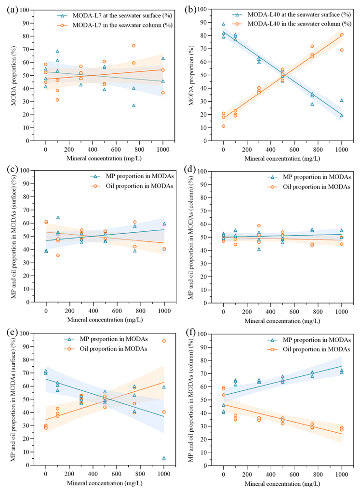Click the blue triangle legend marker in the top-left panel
pyautogui.click(x=62, y=16)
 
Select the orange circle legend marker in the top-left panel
pyautogui.click(x=62, y=25)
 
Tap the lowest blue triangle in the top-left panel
pyautogui.click(x=133, y=105)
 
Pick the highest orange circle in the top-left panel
pyautogui.click(x=133, y=46)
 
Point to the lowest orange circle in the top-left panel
pyautogui.click(x=57, y=100)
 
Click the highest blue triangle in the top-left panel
pyautogui.click(x=57, y=51)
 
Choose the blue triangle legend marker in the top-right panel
pyautogui.click(x=237, y=15)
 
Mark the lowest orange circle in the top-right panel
pyautogui.click(x=224, y=126)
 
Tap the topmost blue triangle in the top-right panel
pyautogui.click(x=224, y=24)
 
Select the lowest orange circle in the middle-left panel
pyautogui.click(x=58, y=255)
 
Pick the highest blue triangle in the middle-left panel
pyautogui.click(x=58, y=217)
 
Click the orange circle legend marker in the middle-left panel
pyautogui.click(x=95, y=186)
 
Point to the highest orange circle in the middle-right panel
pyautogui.click(x=259, y=226)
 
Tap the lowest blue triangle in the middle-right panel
pyautogui.click(x=259, y=249)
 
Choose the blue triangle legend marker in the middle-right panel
pyautogui.click(x=272, y=177)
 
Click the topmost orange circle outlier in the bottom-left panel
pyautogui.click(x=164, y=341)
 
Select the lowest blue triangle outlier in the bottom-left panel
pyautogui.click(x=164, y=458)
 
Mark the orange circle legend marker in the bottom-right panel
pyautogui.click(x=272, y=349)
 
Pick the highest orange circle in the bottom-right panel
pyautogui.click(x=224, y=388)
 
